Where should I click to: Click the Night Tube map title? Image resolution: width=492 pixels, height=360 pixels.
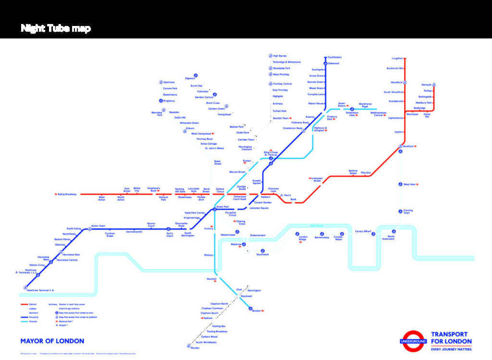pyautogui.click(x=56, y=28)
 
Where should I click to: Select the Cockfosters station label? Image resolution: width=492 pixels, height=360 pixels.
pyautogui.click(x=335, y=57)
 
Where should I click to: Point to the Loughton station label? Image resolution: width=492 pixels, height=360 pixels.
pyautogui.click(x=397, y=58)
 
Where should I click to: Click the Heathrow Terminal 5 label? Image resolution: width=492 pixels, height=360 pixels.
pyautogui.click(x=39, y=290)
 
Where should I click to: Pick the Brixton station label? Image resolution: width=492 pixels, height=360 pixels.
pyautogui.click(x=257, y=310)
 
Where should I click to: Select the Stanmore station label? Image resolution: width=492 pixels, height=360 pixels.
pyautogui.click(x=169, y=82)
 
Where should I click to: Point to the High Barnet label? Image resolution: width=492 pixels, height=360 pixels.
pyautogui.click(x=280, y=56)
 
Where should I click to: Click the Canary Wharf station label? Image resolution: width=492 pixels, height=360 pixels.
pyautogui.click(x=363, y=232)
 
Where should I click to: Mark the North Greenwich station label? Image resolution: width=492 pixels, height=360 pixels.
pyautogui.click(x=388, y=237)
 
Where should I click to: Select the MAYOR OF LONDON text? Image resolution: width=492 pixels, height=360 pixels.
pyautogui.click(x=52, y=341)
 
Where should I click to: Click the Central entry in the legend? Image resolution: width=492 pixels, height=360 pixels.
pyautogui.click(x=33, y=304)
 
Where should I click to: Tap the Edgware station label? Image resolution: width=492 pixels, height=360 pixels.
pyautogui.click(x=190, y=78)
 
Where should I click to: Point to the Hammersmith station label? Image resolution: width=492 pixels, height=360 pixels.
pyautogui.click(x=134, y=232)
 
